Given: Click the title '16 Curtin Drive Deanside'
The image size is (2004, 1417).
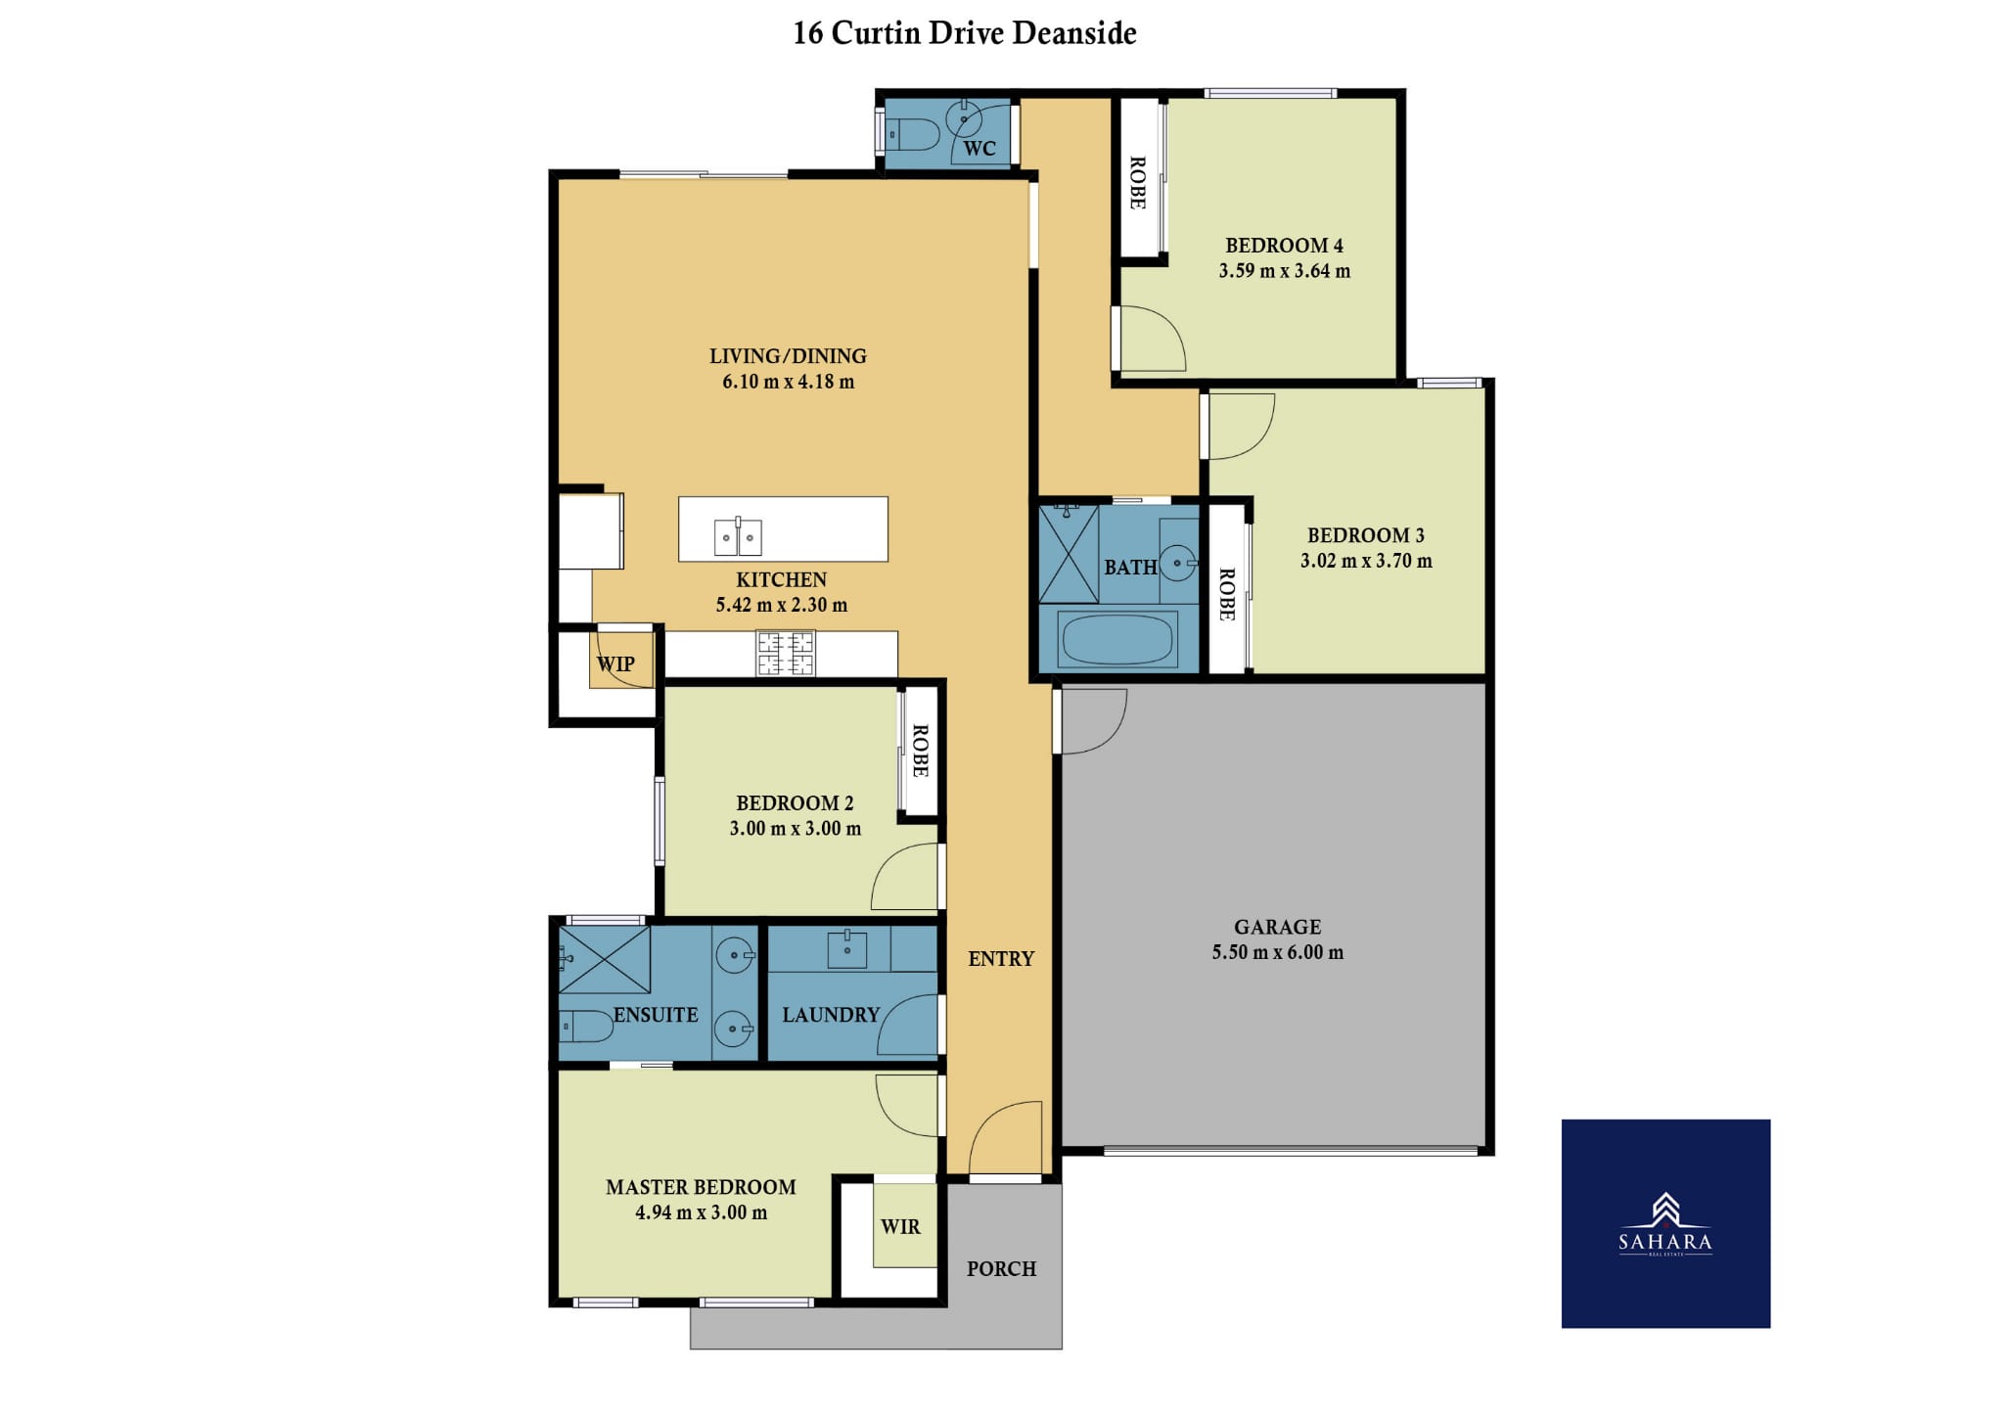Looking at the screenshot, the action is point(964,33).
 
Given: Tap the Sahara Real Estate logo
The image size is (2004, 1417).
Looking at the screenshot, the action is point(1665,1223).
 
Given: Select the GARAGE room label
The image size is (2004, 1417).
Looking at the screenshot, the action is point(1277,927).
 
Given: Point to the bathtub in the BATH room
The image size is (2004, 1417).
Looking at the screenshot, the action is point(1116,639).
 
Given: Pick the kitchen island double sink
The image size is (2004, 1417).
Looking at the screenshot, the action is point(738,537).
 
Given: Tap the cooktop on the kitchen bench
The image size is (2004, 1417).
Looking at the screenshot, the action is point(785,654).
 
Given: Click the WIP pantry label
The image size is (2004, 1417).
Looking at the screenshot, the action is point(615,663).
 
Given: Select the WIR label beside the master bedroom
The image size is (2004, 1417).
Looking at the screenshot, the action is point(900,1227).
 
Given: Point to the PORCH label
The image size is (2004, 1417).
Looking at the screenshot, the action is point(1001,1268).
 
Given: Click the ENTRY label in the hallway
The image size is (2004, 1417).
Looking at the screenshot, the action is point(1001,959).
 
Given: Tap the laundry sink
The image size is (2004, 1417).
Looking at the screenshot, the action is point(846,948).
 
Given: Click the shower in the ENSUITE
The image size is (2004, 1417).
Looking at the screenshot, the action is point(604,959).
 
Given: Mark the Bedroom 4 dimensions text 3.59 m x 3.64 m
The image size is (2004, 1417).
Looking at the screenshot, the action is point(1284,271).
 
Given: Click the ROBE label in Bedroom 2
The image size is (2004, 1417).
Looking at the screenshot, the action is point(920,751).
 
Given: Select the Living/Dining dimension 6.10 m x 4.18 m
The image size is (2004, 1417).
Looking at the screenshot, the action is point(788,382).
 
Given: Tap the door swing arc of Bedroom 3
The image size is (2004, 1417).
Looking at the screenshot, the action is point(1262,438).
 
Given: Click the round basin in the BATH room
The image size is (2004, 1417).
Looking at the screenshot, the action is point(1179,563).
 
